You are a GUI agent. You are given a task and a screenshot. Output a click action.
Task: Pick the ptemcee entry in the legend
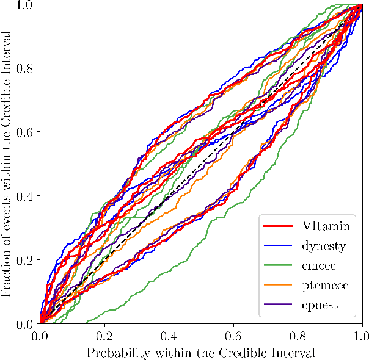324,287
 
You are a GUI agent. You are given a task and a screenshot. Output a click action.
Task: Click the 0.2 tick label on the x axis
104,335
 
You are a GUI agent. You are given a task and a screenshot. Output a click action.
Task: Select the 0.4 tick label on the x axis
169,335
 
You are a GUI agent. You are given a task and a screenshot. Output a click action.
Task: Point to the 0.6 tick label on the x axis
233,335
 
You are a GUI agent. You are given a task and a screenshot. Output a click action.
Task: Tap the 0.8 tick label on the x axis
298,335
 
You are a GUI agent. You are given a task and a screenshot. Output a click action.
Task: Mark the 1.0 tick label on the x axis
360,335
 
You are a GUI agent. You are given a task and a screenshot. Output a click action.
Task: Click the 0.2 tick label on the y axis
26,260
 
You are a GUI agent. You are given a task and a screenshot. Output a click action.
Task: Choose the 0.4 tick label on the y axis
26,196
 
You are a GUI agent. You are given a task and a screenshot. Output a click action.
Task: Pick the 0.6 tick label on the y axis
26,132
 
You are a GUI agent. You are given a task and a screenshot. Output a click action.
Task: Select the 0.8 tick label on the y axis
26,68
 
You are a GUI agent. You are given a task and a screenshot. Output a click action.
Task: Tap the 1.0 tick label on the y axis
26,5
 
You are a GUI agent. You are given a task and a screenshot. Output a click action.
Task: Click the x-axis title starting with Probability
200,352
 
